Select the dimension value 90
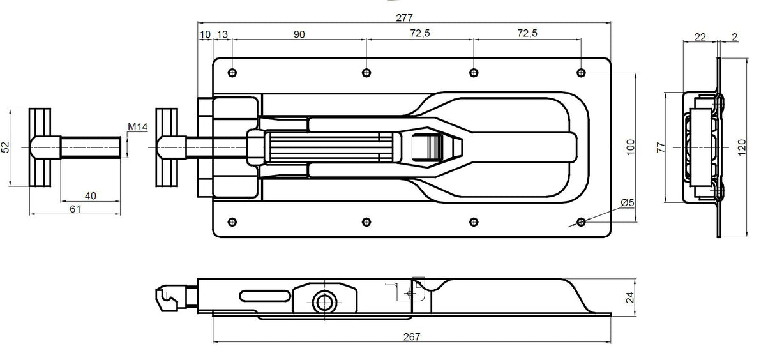[299, 34]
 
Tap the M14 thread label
[137, 128]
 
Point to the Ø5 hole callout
[626, 203]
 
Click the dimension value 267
[412, 336]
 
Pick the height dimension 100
[630, 147]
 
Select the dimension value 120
[741, 147]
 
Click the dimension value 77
[661, 147]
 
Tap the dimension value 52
[5, 147]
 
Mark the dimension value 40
[90, 196]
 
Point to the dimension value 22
[699, 37]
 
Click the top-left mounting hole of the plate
[232, 72]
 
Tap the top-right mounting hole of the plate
[581, 72]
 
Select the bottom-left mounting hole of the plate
[232, 221]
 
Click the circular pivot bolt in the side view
[323, 301]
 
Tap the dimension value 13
[222, 34]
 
